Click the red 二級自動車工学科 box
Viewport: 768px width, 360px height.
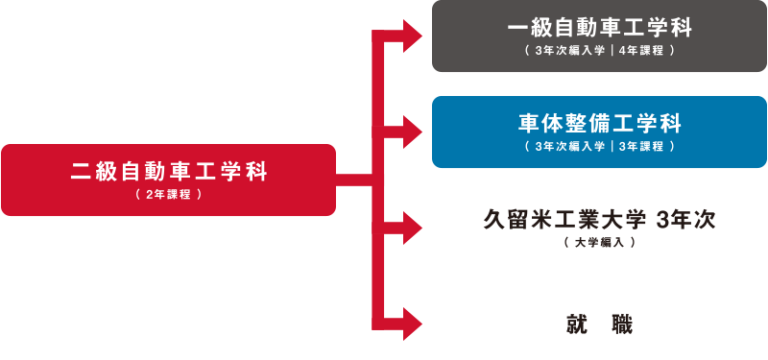tap(168, 180)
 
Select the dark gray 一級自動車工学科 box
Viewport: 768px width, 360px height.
tap(600, 36)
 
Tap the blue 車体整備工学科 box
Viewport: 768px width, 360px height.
tap(600, 132)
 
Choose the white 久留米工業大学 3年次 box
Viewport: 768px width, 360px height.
tap(600, 228)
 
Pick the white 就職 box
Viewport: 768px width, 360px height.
tap(600, 324)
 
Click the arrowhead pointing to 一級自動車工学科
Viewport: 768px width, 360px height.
tap(414, 37)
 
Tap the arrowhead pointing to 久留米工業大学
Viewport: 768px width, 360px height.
tap(414, 228)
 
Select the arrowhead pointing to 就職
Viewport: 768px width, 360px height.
tap(414, 320)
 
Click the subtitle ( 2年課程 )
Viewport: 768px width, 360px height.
tap(168, 195)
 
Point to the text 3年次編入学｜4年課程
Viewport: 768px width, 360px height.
tap(600, 51)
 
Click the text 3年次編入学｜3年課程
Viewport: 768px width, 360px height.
tap(600, 147)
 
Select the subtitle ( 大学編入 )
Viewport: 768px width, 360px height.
tap(600, 243)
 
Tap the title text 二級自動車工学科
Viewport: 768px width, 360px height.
tap(168, 173)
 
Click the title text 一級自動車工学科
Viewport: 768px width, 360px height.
tap(600, 27)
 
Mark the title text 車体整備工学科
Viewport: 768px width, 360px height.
tap(600, 123)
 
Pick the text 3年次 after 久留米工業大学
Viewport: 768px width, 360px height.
tap(684, 219)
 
